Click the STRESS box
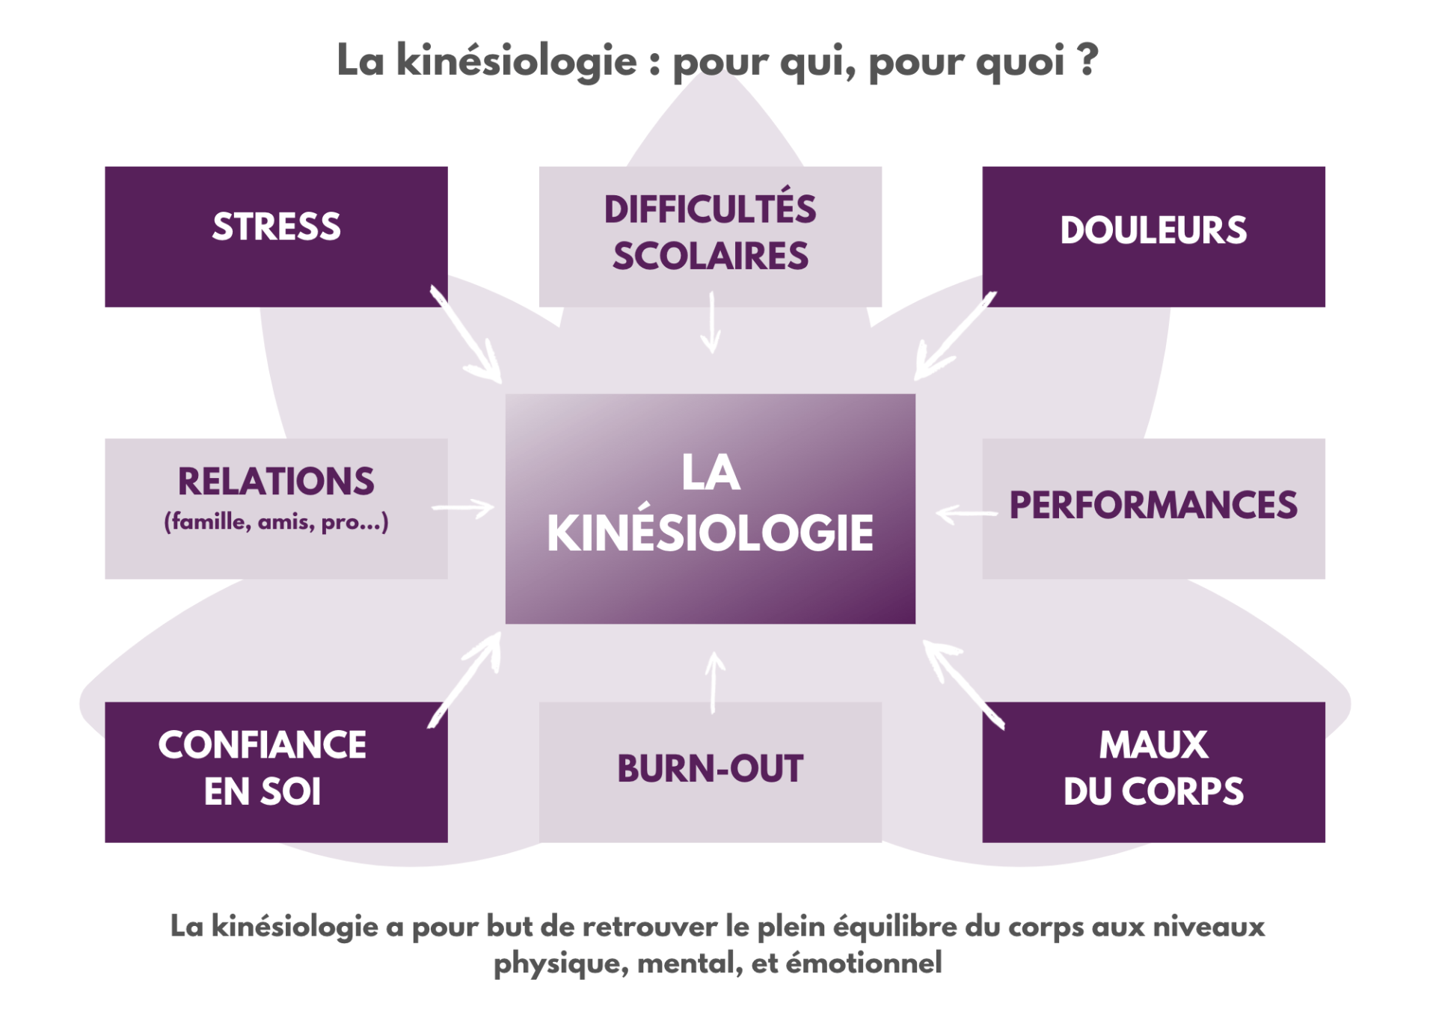pos(276,236)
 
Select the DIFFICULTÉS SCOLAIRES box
pos(710,236)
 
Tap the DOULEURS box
pos(1153,236)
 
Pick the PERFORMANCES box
pos(1153,508)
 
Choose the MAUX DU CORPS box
pos(1153,771)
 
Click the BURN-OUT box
pos(710,771)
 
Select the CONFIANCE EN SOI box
pos(276,771)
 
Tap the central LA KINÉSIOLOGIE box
pos(710,508)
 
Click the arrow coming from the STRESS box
pos(467,335)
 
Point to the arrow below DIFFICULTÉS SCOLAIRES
pos(711,323)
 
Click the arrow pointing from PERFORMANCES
pos(966,514)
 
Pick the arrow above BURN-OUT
pos(714,681)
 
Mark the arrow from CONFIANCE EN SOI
pos(465,679)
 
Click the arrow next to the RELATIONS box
pos(463,509)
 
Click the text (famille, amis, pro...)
pos(276,521)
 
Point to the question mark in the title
pos(1088,60)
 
